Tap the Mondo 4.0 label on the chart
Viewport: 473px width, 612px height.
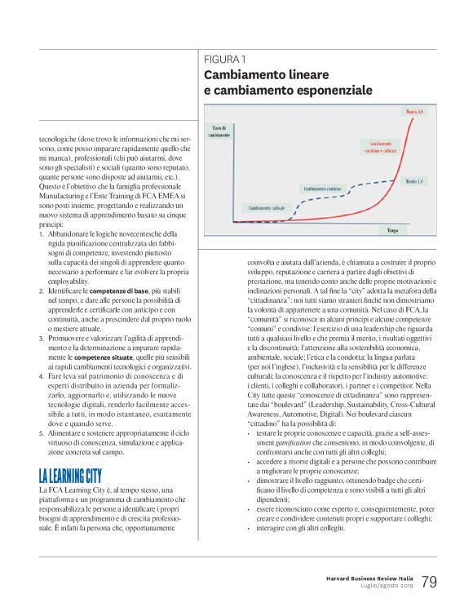point(413,111)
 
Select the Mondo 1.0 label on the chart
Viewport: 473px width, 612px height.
point(413,180)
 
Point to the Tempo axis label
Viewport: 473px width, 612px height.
point(393,231)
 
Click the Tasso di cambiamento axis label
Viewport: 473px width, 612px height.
point(219,131)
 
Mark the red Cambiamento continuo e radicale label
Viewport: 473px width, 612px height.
point(375,147)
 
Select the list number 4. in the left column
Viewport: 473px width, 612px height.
point(42,375)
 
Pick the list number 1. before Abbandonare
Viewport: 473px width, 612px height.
point(42,233)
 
